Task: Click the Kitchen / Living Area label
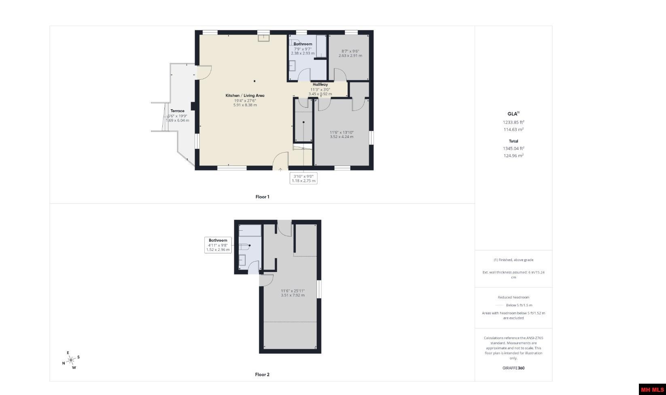(245, 96)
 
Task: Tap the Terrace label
(177, 110)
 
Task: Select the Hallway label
(320, 85)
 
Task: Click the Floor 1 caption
(262, 197)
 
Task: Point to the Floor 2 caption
(262, 374)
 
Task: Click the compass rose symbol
(71, 360)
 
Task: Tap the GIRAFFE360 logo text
(513, 368)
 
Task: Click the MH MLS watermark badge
(652, 389)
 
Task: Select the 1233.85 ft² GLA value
(513, 122)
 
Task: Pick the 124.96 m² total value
(513, 155)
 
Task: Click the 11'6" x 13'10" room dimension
(341, 132)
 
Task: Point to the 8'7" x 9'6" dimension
(350, 51)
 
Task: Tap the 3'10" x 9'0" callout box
(303, 178)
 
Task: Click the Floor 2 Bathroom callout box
(218, 245)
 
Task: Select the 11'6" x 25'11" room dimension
(293, 291)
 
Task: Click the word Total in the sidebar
(513, 141)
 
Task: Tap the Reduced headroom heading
(513, 297)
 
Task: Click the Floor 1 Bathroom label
(303, 44)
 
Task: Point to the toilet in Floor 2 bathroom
(245, 246)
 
